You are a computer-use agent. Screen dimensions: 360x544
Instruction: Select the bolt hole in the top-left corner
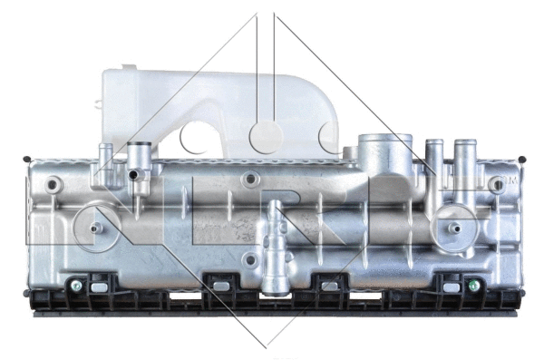tap(55, 185)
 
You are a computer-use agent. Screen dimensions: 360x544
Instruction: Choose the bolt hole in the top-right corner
tap(495, 184)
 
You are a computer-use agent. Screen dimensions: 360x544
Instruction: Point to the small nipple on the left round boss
tap(94, 229)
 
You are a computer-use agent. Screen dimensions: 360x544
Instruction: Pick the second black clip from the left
tap(219, 286)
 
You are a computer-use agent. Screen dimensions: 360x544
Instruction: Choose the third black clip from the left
tap(330, 286)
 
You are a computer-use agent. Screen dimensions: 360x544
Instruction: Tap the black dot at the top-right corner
tap(522, 159)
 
